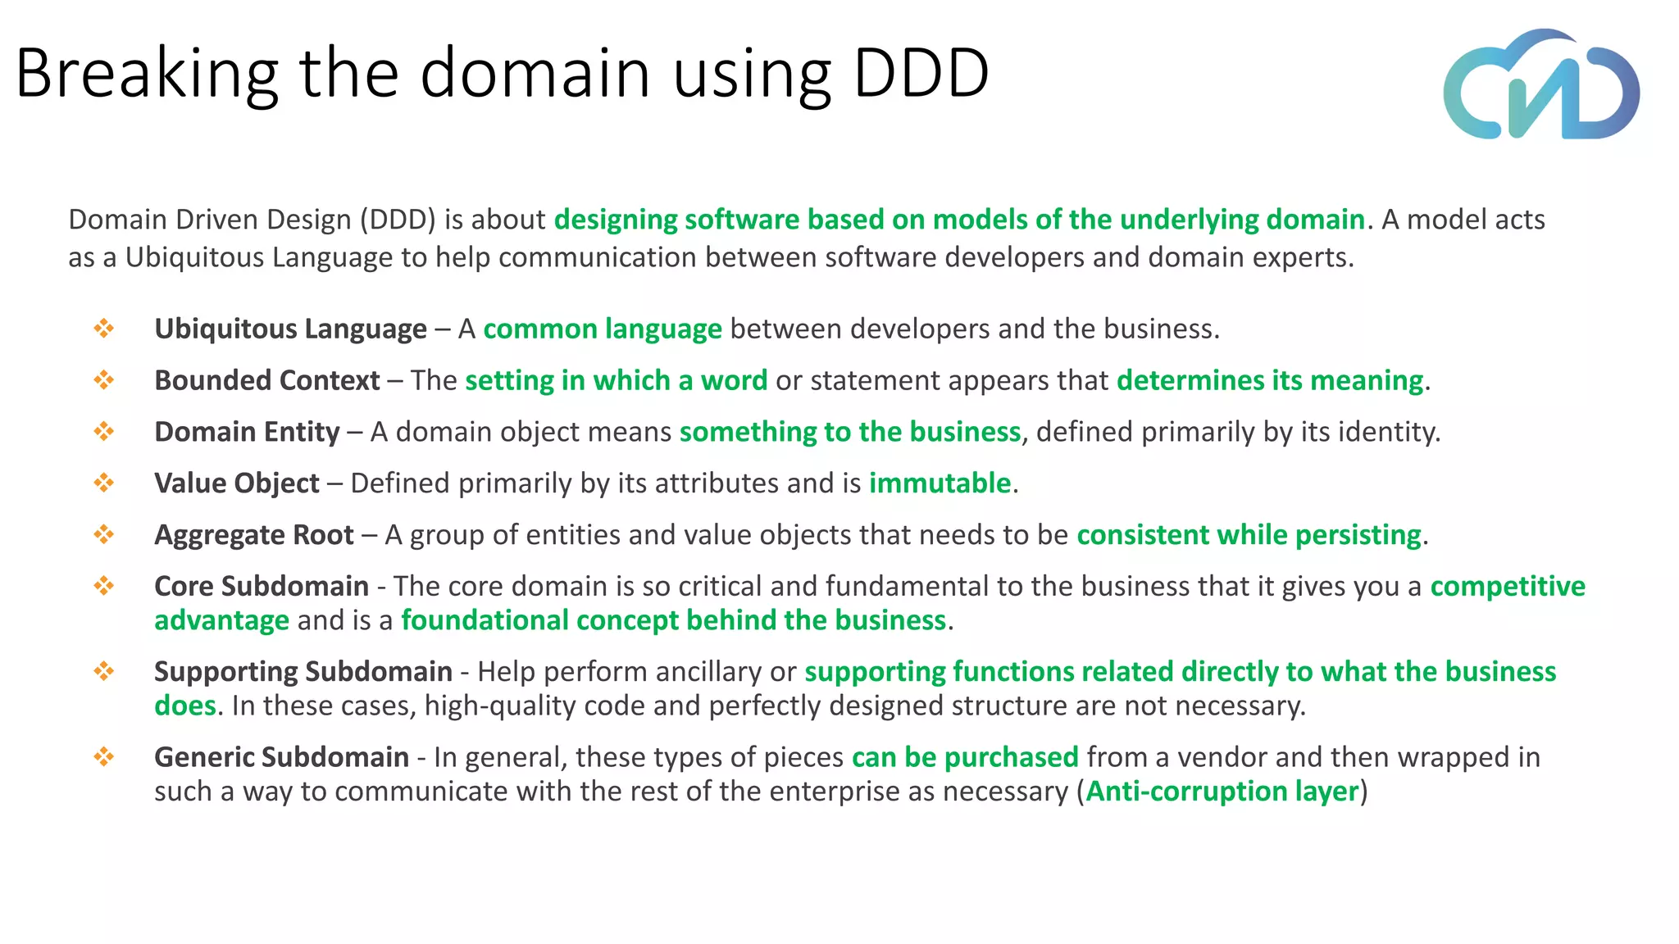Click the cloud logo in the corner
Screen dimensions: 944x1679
pyautogui.click(x=1541, y=85)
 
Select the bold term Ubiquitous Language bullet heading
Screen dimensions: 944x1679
pyautogui.click(x=290, y=329)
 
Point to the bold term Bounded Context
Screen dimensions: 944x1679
pyautogui.click(x=266, y=380)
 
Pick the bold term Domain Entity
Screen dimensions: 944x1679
pyautogui.click(x=247, y=432)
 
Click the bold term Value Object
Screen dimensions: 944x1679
pyautogui.click(x=236, y=483)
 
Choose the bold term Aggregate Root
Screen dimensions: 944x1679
pyautogui.click(x=254, y=535)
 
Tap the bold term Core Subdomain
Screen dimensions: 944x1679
pyautogui.click(x=261, y=586)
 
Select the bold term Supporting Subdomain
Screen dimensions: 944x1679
pyautogui.click(x=303, y=671)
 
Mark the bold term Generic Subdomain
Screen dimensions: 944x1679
pyautogui.click(x=281, y=757)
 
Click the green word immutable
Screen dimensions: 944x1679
pyautogui.click(x=940, y=483)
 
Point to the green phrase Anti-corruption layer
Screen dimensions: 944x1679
pyautogui.click(x=1222, y=792)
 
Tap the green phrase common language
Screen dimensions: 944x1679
pyautogui.click(x=603, y=329)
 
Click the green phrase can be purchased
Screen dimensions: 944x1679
pyautogui.click(x=965, y=757)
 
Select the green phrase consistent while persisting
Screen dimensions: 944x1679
pyautogui.click(x=1249, y=535)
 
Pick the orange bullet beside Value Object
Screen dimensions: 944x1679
pyautogui.click(x=104, y=483)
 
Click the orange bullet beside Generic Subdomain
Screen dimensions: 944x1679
pyautogui.click(x=104, y=756)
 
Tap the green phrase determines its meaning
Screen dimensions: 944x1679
pyautogui.click(x=1270, y=380)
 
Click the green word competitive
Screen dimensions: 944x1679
pyautogui.click(x=1508, y=586)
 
